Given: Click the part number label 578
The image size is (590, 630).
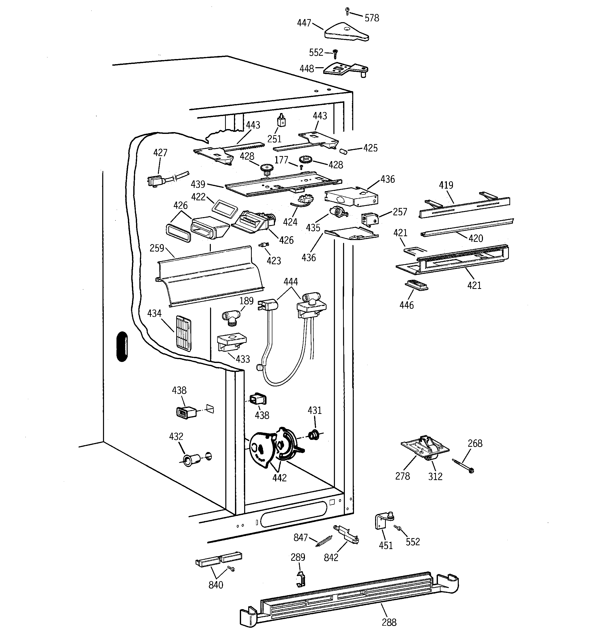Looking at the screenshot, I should pos(372,18).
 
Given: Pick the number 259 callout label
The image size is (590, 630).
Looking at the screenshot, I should pos(157,248).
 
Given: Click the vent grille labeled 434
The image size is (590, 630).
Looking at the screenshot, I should pos(184,334).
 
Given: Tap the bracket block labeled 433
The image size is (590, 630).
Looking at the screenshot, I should pos(231,342).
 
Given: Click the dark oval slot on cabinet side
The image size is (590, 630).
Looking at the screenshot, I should pos(122,346).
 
